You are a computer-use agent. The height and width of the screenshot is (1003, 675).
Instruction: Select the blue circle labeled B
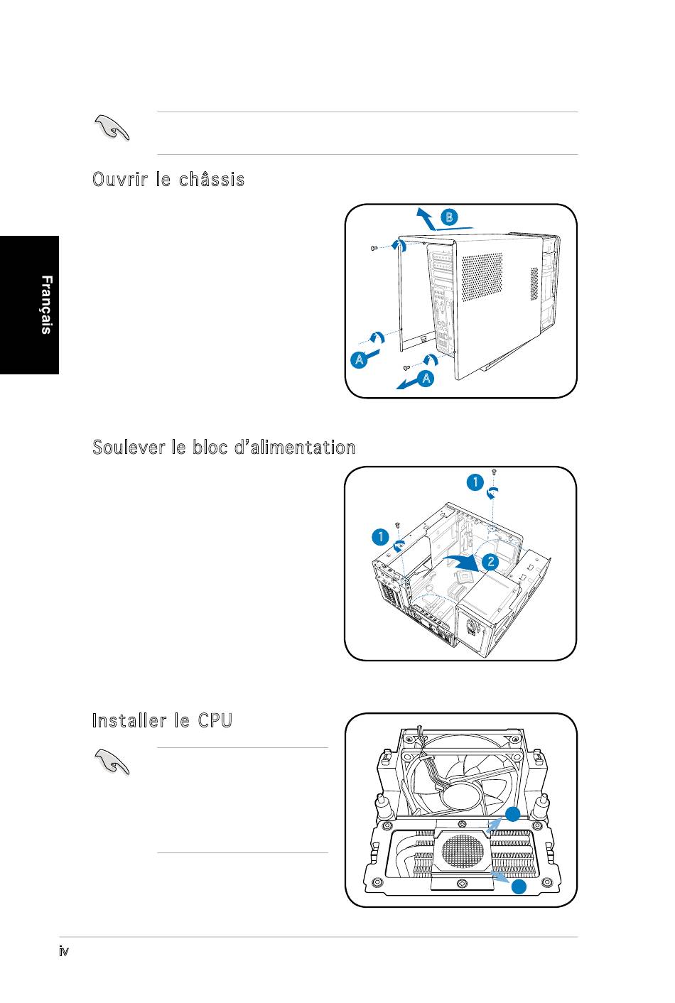point(449,217)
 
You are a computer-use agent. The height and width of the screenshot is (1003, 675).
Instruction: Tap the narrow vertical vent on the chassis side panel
point(534,283)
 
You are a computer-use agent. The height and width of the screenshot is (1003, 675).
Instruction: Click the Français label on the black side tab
point(45,305)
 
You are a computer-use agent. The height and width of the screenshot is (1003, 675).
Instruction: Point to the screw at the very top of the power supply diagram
point(494,472)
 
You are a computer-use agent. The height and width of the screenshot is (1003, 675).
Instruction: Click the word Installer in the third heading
point(129,721)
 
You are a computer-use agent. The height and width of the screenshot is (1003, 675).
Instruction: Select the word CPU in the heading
point(215,721)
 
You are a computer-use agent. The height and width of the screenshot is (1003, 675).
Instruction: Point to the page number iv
point(64,951)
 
